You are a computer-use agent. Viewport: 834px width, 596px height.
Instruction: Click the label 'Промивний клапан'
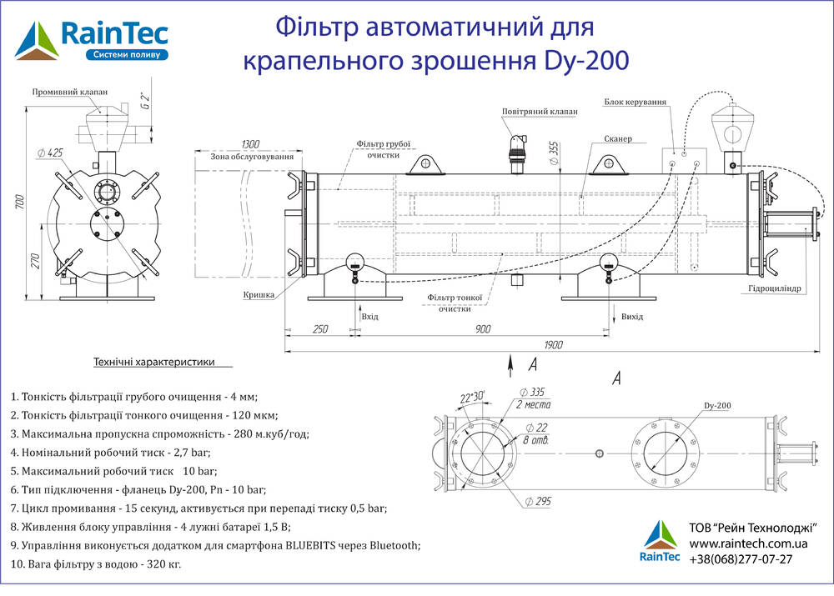pos(71,92)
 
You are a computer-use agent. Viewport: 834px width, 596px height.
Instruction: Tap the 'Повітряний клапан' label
pos(539,111)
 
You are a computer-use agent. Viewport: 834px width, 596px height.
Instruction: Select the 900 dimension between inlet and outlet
pos(483,329)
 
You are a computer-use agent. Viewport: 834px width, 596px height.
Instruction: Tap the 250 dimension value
pos(319,329)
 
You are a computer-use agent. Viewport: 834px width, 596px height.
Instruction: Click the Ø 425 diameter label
pos(51,153)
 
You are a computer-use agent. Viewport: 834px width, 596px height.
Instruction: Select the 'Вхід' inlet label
pos(370,317)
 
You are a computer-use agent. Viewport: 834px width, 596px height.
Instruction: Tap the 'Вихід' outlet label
pos(632,317)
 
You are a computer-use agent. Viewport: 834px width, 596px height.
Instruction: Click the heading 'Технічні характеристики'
pos(154,363)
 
